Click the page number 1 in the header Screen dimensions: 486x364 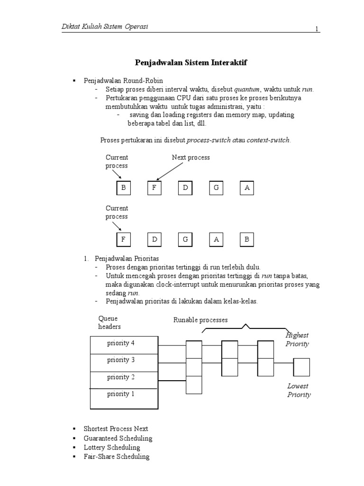(x=317, y=29)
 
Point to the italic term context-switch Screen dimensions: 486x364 (x=268, y=140)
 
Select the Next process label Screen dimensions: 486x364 (x=191, y=158)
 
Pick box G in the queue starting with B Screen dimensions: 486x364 (x=216, y=188)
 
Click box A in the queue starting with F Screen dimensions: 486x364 (x=216, y=240)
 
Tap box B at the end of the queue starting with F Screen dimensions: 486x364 (x=246, y=240)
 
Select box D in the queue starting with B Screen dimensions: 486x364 (x=185, y=188)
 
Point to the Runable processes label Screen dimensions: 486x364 (x=200, y=320)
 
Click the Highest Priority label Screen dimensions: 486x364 (x=297, y=339)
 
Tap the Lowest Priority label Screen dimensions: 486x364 (x=299, y=391)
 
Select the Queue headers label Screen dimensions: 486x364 (x=109, y=322)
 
